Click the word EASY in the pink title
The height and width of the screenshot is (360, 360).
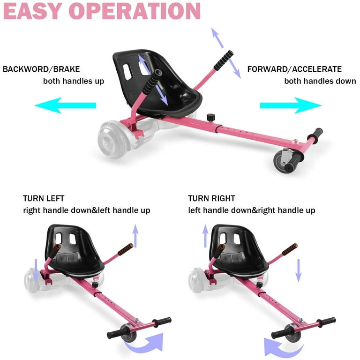pos(32,11)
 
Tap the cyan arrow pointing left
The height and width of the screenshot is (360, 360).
pos(65,105)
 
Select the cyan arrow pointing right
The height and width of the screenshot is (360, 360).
pos(291,105)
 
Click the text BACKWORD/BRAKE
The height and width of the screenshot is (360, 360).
pos(41,69)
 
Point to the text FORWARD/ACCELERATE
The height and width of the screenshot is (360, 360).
pos(294,69)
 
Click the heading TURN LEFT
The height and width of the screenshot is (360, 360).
pos(44,198)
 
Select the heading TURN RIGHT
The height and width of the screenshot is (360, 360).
pos(211,198)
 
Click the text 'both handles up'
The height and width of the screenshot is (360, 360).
pos(74,81)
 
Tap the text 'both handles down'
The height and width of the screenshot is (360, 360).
pos(320,81)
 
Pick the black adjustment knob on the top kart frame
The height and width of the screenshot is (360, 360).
pos(210,117)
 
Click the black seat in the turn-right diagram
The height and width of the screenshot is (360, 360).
pos(239,251)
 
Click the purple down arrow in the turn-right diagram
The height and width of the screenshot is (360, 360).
pos(299,270)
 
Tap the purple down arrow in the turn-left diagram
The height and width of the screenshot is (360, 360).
pos(36,270)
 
